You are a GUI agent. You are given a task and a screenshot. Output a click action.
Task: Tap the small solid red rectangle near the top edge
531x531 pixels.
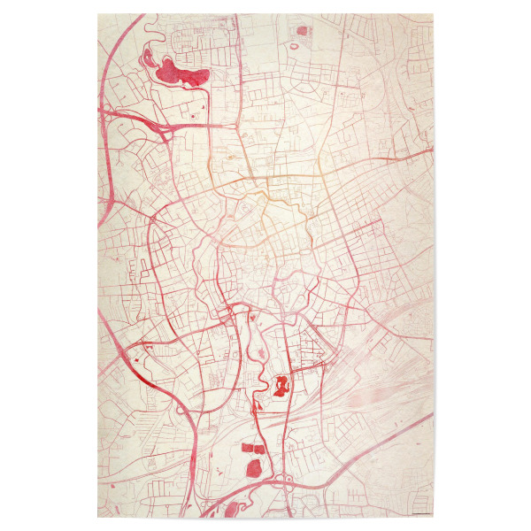coord(302,31)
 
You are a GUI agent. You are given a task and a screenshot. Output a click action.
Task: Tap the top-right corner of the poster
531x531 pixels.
coord(433,13)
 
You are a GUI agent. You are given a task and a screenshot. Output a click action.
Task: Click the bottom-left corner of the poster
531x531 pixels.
coord(97,518)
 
